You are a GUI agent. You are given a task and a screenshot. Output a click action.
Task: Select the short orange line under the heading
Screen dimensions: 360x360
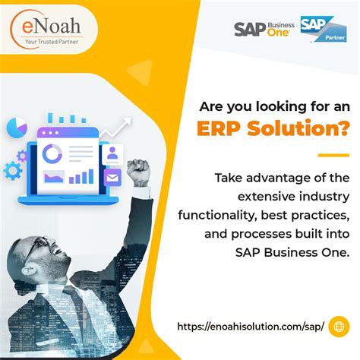click(x=332, y=154)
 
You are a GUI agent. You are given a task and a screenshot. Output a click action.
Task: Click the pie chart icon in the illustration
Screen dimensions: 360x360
click(x=17, y=125)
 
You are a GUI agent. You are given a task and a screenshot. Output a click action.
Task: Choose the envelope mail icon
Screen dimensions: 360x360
click(x=112, y=179)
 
